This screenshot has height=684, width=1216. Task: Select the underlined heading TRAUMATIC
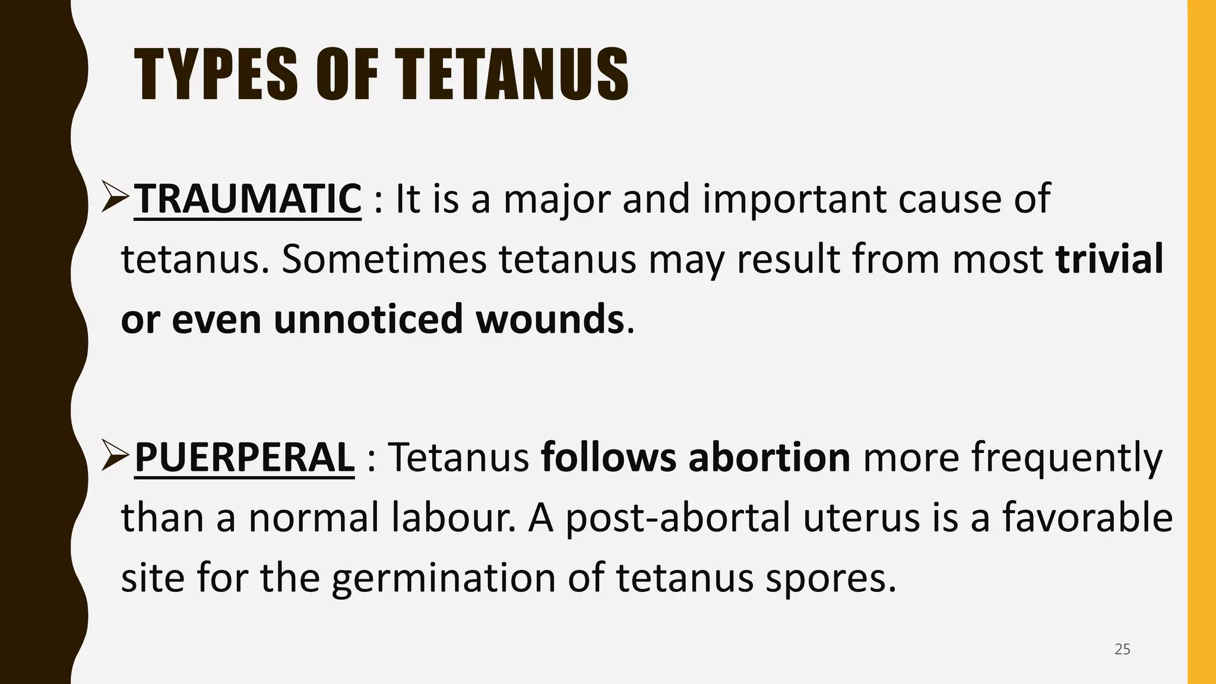pyautogui.click(x=248, y=199)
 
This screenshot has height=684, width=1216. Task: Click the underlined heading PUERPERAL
pyautogui.click(x=245, y=457)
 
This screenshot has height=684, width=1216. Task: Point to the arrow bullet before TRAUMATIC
pyautogui.click(x=115, y=199)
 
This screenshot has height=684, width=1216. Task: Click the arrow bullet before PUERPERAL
pyautogui.click(x=115, y=457)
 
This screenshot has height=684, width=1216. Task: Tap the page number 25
pyautogui.click(x=1122, y=649)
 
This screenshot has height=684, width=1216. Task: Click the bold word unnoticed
pyautogui.click(x=368, y=319)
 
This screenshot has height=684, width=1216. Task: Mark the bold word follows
pyautogui.click(x=608, y=457)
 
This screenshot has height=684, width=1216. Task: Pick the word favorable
pyautogui.click(x=1088, y=517)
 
